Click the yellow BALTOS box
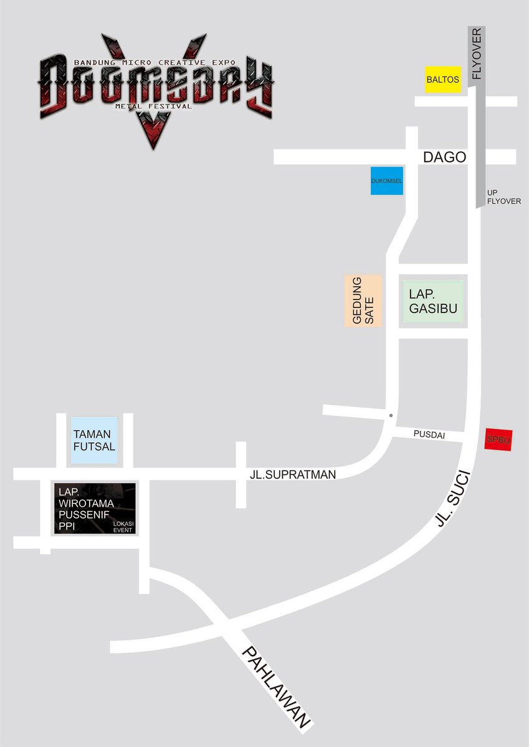point(443,80)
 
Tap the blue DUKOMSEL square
point(386,181)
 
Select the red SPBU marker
point(498,439)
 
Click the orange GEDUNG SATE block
point(363,301)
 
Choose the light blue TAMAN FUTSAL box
point(94,440)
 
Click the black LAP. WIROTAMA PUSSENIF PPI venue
point(94,508)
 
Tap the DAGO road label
point(444,157)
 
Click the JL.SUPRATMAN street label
point(293,475)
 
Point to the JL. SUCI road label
point(453,499)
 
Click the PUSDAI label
point(429,435)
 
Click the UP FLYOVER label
point(503,197)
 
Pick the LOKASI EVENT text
point(123,527)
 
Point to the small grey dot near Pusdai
point(391,415)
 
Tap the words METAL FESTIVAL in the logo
point(153,106)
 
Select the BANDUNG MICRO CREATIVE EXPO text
point(155,63)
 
